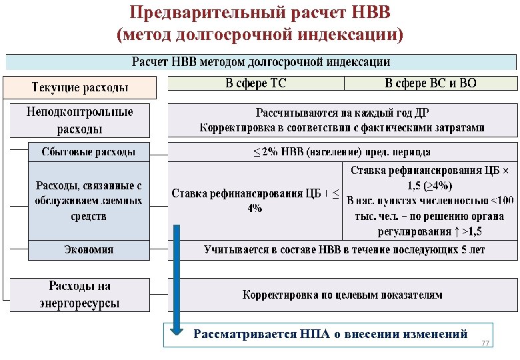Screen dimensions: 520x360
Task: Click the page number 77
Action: pos(485,343)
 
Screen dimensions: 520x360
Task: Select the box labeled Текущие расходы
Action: pos(80,87)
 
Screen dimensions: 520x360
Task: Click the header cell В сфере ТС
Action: pos(255,83)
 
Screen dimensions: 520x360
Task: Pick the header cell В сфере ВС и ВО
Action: pos(430,83)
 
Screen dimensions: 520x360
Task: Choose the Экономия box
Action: pos(88,249)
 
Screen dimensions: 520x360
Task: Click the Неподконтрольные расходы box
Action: pos(79,120)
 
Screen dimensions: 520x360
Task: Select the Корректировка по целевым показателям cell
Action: pos(342,294)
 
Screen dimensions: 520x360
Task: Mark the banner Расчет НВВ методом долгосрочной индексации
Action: pos(261,62)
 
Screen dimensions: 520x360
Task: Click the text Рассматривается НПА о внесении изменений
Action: pos(330,334)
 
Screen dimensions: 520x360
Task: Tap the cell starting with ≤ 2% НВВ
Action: pos(342,151)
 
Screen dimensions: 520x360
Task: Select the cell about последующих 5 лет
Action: pos(342,249)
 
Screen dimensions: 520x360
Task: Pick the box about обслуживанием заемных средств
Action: pos(88,201)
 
